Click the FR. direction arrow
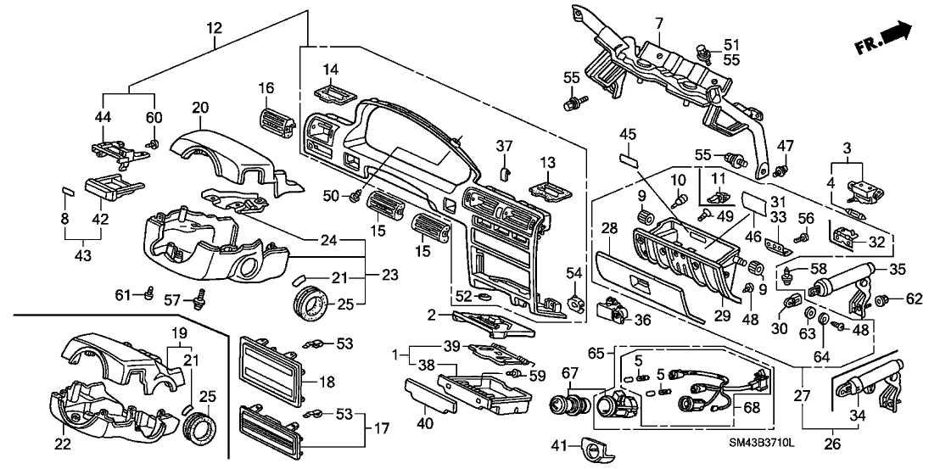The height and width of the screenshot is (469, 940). tap(898, 35)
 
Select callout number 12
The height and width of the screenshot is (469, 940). tap(214, 28)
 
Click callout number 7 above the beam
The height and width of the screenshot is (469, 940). tap(659, 21)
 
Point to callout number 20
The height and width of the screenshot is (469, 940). tap(199, 108)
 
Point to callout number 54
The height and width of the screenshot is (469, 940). tap(575, 271)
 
